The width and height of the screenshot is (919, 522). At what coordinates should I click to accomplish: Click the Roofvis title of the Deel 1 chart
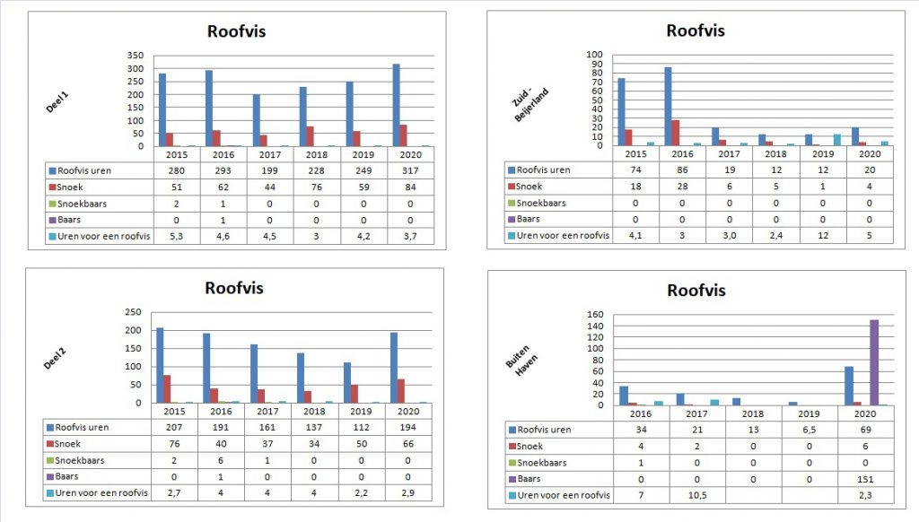pos(236,31)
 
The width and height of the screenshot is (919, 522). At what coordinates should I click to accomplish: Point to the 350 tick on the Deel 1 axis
pos(134,56)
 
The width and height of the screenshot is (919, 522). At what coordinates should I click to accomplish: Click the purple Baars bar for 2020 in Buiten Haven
pos(873,362)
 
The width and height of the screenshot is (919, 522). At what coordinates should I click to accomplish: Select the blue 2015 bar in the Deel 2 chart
pos(160,365)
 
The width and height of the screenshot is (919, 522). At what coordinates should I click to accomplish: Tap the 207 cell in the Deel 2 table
pos(177,428)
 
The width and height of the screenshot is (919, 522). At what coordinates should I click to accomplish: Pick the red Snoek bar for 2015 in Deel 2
pos(167,388)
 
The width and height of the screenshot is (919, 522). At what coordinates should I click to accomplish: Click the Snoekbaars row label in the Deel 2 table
pos(80,460)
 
